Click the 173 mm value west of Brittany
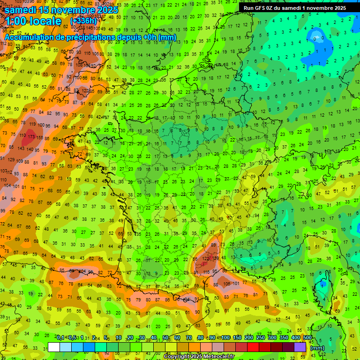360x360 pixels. pos(31,136)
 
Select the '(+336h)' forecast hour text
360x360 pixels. pos(84,21)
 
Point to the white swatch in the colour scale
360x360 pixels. pos(54,347)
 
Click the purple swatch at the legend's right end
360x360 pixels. pos(300,347)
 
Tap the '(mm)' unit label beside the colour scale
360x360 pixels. pos(317,348)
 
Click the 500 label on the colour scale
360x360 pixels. pos(307,338)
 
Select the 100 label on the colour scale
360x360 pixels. pos(225,338)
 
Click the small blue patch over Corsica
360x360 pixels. pos(322,284)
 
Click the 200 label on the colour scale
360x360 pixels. pos(249,338)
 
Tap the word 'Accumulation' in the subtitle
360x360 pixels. pos(27,37)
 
